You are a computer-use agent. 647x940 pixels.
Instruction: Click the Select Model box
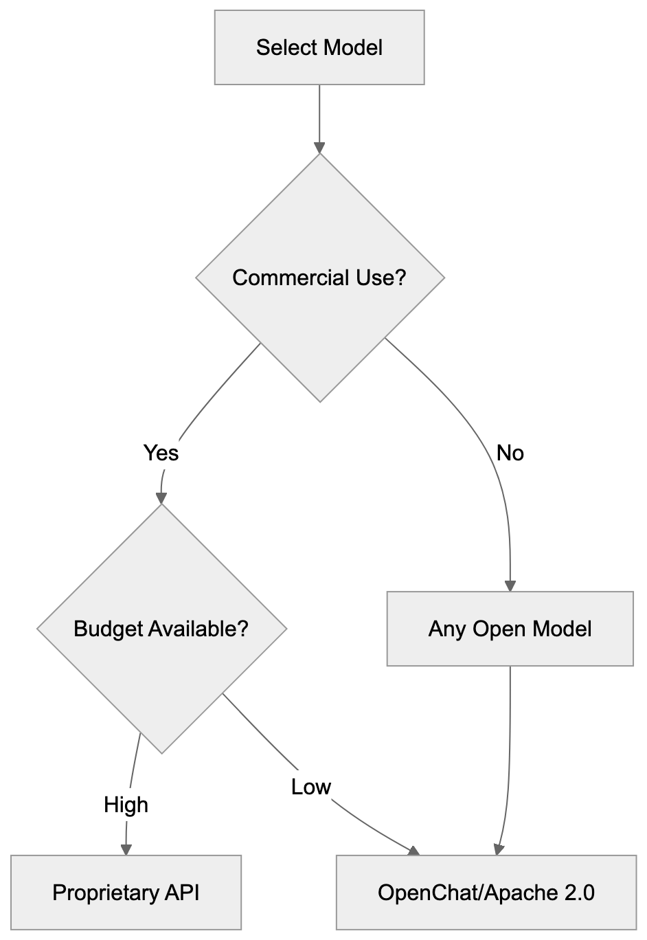tap(319, 47)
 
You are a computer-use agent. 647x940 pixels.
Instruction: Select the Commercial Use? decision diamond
tap(320, 278)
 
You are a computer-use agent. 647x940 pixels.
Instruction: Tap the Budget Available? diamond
tap(161, 629)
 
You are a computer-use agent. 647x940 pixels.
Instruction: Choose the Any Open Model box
tap(510, 629)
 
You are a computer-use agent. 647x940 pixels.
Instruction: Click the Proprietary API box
tap(126, 892)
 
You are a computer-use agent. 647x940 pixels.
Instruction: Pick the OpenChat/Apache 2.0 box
tap(486, 892)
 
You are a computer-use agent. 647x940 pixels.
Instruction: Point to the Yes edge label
tap(161, 453)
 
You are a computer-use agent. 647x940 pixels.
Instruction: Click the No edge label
tap(510, 453)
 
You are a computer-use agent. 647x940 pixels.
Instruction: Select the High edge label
tap(126, 804)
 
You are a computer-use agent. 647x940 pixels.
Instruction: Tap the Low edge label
tap(311, 786)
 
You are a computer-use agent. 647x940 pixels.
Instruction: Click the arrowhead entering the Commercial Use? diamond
tap(319, 147)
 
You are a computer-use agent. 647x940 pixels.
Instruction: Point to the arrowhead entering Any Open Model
tap(510, 585)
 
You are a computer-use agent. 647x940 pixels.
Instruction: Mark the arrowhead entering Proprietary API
tap(126, 849)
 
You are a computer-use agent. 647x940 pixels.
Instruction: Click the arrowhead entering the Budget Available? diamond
tap(161, 498)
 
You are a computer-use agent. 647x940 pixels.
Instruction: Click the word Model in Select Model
tap(353, 47)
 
